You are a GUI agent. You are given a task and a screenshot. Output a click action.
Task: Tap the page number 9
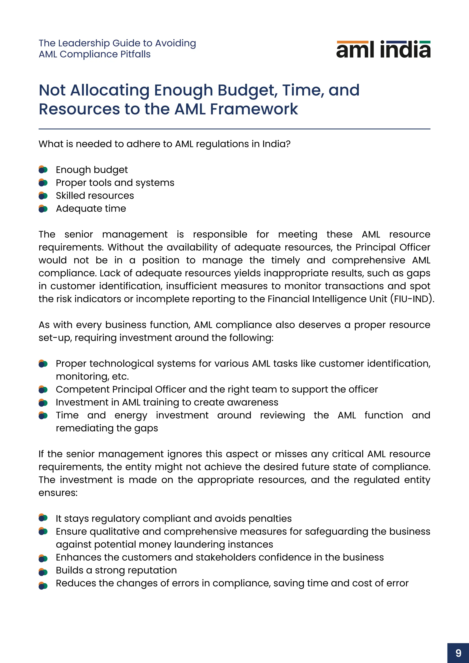(458, 653)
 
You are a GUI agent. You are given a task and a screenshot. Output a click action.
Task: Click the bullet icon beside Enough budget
(43, 169)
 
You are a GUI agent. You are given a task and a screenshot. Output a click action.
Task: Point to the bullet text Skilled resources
(95, 196)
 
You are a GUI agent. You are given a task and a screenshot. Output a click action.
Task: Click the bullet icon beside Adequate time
(43, 209)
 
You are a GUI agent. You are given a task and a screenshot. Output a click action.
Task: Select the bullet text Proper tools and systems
(115, 182)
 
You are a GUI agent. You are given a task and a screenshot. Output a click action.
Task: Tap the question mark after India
(288, 144)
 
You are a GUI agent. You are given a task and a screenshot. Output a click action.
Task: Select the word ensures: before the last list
(58, 493)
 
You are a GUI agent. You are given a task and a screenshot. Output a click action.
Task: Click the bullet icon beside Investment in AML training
(43, 402)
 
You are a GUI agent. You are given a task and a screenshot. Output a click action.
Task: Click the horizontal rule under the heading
(234, 129)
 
